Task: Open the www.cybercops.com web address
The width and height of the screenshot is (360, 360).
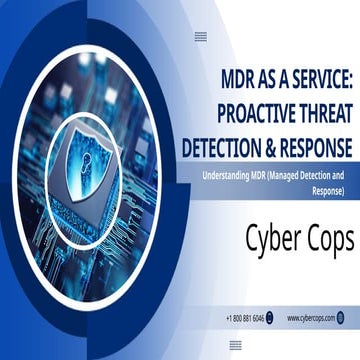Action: [310, 318]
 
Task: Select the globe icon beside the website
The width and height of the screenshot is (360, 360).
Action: [340, 318]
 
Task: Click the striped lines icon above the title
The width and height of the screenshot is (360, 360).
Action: [200, 36]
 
